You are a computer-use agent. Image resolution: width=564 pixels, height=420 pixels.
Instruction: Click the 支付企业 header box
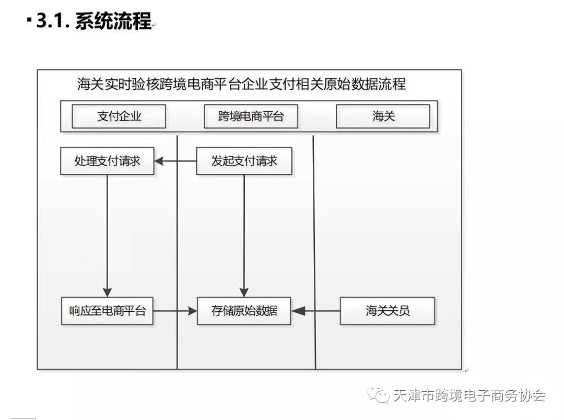pyautogui.click(x=119, y=116)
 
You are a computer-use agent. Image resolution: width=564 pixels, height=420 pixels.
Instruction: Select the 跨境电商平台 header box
pyautogui.click(x=251, y=116)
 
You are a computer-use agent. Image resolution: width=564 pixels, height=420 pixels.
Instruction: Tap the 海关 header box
pyautogui.click(x=383, y=116)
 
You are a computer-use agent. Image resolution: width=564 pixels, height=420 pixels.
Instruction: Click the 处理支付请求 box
pyautogui.click(x=107, y=161)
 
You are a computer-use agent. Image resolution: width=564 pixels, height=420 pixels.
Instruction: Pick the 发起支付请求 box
pyautogui.click(x=244, y=161)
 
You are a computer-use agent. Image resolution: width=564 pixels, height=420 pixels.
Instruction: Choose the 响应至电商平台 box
pyautogui.click(x=107, y=311)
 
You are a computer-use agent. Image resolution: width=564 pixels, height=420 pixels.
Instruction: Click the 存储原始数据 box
pyautogui.click(x=244, y=311)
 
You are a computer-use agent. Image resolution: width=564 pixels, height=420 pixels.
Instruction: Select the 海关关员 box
pyautogui.click(x=387, y=311)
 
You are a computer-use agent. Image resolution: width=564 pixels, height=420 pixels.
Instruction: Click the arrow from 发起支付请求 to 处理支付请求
pyautogui.click(x=175, y=161)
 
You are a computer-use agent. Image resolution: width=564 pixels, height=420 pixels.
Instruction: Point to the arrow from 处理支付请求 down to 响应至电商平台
pyautogui.click(x=107, y=236)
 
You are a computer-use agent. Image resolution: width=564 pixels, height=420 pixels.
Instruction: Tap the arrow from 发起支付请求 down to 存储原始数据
pyautogui.click(x=244, y=236)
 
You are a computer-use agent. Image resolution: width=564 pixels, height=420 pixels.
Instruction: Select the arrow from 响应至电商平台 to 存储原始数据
pyautogui.click(x=175, y=311)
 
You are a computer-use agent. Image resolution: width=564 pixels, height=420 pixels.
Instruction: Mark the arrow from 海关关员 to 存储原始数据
pyautogui.click(x=315, y=311)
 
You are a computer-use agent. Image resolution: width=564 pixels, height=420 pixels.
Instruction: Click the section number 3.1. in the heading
pyautogui.click(x=53, y=20)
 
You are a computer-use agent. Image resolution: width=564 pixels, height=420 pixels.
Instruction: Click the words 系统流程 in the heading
pyautogui.click(x=113, y=20)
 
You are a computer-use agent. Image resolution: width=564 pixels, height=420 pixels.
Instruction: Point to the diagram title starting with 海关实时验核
pyautogui.click(x=241, y=84)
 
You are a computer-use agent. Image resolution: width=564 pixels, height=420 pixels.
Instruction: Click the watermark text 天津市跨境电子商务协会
pyautogui.click(x=469, y=395)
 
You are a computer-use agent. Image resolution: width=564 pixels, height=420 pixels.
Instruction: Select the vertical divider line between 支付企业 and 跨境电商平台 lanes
pyautogui.click(x=178, y=252)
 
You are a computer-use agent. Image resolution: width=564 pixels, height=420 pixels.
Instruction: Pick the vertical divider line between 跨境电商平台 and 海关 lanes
pyautogui.click(x=314, y=252)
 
